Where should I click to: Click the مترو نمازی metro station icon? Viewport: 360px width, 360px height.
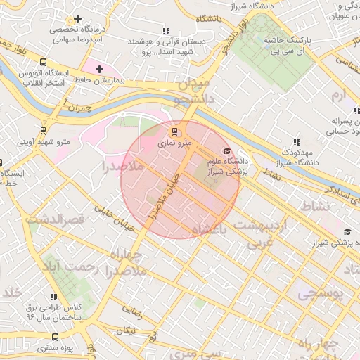point(175,131)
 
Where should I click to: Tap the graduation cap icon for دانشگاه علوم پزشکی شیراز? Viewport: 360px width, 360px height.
point(226,151)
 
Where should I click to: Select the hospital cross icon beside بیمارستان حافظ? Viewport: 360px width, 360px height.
point(99,70)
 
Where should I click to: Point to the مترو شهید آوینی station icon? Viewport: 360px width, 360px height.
point(44,130)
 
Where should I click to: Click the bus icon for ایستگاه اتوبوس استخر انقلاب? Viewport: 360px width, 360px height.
point(44,62)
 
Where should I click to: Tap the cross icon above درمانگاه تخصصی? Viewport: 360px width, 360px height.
point(77,18)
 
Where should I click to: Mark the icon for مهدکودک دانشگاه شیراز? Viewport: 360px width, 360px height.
point(296,141)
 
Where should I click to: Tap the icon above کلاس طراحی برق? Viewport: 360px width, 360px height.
point(54,296)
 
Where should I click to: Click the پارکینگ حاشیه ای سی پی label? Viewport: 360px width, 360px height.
point(288,46)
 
